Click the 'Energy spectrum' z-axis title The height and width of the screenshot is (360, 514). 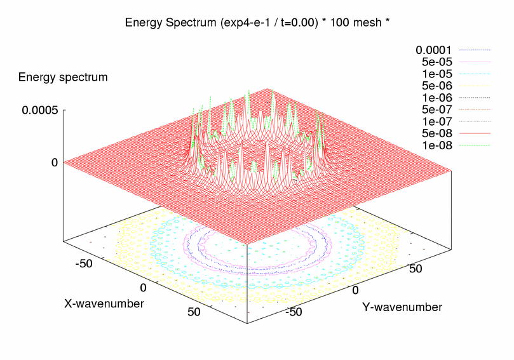[x=63, y=77]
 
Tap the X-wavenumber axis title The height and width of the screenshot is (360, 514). [x=104, y=303]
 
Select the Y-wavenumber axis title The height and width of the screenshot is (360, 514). [x=402, y=307]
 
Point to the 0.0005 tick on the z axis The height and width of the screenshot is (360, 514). [x=40, y=110]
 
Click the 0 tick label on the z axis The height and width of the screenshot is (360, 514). [x=55, y=163]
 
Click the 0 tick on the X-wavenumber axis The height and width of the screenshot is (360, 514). [x=144, y=288]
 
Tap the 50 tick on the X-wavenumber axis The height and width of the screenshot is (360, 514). [x=194, y=311]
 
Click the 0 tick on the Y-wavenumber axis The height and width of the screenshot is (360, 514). [x=356, y=290]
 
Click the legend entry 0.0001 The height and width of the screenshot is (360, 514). [x=433, y=50]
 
